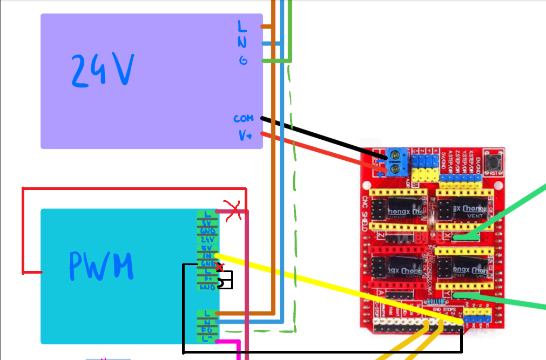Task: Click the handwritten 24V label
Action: click(x=103, y=70)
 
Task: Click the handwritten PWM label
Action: click(x=101, y=266)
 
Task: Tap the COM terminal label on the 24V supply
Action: click(x=243, y=118)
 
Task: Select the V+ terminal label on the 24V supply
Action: click(x=245, y=135)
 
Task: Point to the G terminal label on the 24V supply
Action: click(x=244, y=60)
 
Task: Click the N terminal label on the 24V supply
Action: click(x=242, y=43)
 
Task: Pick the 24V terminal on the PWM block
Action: click(x=207, y=239)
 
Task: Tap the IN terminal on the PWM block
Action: click(x=207, y=255)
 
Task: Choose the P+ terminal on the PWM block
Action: click(x=207, y=279)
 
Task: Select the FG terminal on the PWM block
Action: click(x=207, y=329)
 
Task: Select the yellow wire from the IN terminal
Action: click(x=335, y=288)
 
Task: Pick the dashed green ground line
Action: click(x=295, y=216)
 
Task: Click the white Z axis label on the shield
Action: click(x=382, y=236)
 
